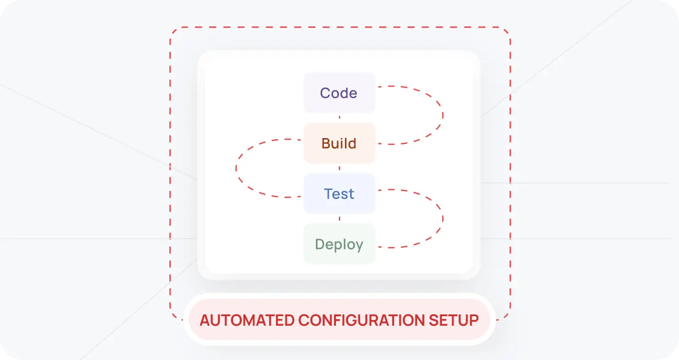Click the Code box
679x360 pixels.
339,93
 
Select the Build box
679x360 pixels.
339,143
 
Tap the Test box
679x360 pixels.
339,194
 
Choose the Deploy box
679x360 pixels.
339,244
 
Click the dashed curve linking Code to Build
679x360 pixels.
443,115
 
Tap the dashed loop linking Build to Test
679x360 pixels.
236,168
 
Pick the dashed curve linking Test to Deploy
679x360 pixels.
443,219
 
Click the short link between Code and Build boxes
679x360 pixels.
339,118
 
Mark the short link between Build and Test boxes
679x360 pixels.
339,168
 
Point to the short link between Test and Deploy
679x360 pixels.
339,219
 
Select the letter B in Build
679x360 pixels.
326,143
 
